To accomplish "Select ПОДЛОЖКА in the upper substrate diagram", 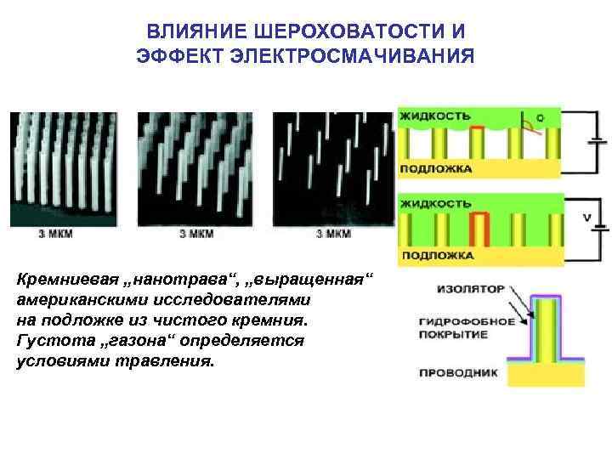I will pos(436,168).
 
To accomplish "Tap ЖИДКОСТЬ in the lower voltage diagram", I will pos(436,205).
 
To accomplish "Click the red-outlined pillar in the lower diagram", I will pos(482,228).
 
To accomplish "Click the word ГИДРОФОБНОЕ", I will pos(467,322).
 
